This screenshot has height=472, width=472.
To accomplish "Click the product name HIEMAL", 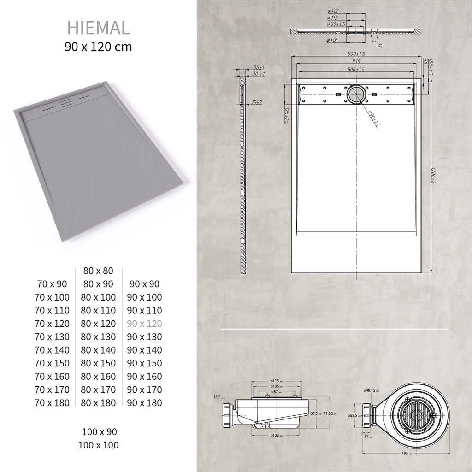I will coord(99,28).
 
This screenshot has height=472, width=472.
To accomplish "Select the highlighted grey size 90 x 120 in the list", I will coord(144,324).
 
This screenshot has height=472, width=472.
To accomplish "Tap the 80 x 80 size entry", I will coord(98,271).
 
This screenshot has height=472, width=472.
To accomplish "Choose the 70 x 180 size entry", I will coord(52,403).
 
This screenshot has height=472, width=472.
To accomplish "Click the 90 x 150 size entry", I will coord(144,363).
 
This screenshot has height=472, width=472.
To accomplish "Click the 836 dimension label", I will coord(356,61).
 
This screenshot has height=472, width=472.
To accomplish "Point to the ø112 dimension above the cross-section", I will coord(333,18).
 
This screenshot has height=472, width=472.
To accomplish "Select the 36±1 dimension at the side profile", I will coord(258,67).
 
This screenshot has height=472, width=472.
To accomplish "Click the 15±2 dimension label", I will coord(257,102).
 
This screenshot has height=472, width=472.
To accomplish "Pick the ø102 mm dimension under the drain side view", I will coord(276,435).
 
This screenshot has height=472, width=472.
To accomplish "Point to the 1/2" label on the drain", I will coord(217,397).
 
